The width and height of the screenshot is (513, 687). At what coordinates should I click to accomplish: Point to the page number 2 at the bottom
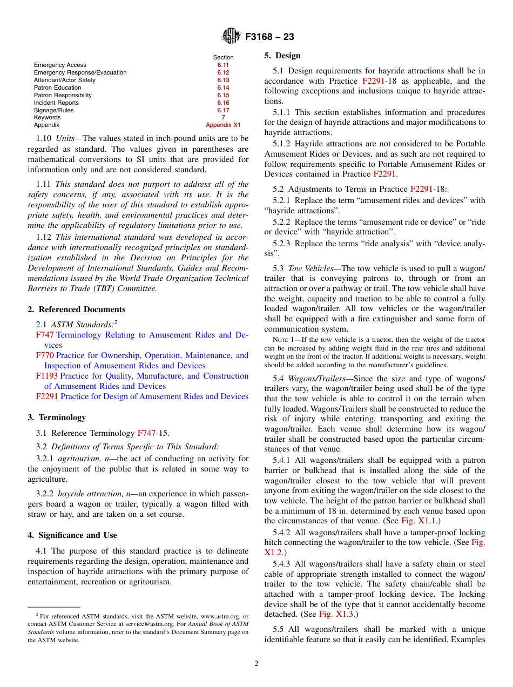click(x=256, y=664)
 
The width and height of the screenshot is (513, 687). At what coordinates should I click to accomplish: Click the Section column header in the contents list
click(x=223, y=57)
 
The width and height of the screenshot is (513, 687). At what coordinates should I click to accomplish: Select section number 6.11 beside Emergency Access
click(x=223, y=65)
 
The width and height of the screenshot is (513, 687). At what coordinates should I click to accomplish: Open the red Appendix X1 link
click(x=223, y=125)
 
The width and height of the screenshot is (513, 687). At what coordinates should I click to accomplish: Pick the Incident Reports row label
click(x=56, y=103)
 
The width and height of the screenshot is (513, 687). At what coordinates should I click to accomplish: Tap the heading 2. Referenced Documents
click(x=77, y=309)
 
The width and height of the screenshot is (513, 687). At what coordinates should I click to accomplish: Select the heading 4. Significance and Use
click(x=72, y=535)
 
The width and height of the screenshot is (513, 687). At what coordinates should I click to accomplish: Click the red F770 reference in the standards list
click(x=45, y=355)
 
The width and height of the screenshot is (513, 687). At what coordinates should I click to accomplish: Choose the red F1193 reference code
click(x=47, y=376)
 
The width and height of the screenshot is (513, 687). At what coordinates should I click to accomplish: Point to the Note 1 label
click(x=284, y=340)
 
